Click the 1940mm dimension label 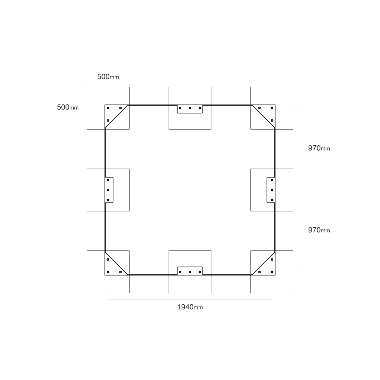point(190,307)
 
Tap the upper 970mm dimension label point(319,148)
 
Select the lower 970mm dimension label point(319,230)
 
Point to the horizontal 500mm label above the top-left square point(108,77)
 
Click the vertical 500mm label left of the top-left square point(68,107)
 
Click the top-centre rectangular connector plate point(190,109)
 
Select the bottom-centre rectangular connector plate point(190,271)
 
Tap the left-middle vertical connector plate point(109,190)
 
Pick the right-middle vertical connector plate point(271,190)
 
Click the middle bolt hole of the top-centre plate point(190,108)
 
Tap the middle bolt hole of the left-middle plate point(108,190)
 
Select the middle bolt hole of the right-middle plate point(272,190)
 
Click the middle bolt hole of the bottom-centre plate point(190,272)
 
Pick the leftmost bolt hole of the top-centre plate point(180,108)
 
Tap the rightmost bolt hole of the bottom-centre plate point(200,272)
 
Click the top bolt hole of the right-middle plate point(272,180)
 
